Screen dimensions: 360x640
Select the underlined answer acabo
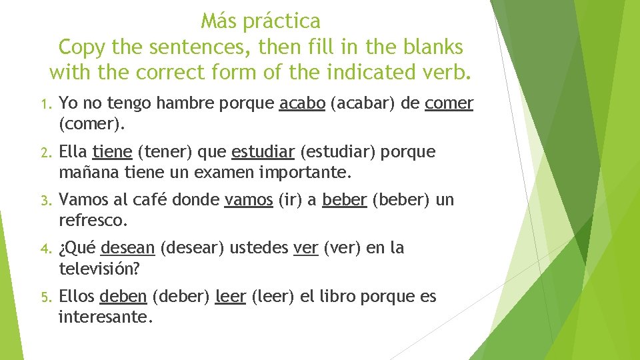coord(302,103)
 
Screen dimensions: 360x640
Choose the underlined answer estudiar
coord(263,152)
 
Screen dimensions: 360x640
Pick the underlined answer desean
coord(127,248)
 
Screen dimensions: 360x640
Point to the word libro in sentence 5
coord(337,297)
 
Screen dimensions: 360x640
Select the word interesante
coord(105,317)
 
